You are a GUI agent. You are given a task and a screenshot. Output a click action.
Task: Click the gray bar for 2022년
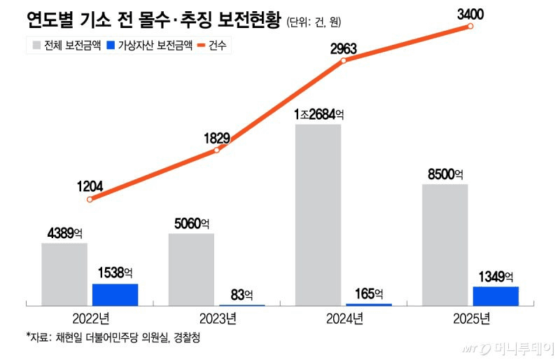click(64, 274)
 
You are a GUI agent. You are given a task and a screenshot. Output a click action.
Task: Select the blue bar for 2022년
click(115, 294)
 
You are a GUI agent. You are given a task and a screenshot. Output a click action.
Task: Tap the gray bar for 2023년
click(191, 269)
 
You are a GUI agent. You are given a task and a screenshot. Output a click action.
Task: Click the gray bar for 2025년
click(445, 244)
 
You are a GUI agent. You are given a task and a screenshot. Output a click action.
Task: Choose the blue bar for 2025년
click(496, 296)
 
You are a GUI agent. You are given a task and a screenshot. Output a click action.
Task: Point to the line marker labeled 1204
click(90, 200)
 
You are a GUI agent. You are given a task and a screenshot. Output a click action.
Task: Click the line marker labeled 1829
click(217, 149)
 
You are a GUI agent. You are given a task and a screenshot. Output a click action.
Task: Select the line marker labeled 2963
click(344, 61)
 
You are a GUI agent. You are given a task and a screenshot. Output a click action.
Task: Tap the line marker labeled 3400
click(470, 26)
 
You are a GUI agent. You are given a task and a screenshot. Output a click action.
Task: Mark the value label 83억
click(242, 295)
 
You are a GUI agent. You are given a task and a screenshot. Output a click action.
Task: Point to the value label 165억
click(369, 293)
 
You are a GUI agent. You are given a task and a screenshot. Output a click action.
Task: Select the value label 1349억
click(496, 276)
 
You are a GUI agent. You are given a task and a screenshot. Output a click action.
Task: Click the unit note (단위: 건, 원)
click(313, 22)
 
